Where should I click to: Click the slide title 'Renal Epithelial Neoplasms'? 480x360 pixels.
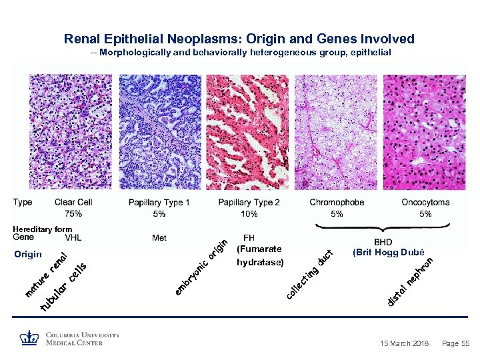coord(239,39)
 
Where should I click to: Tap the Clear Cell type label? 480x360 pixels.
coord(73,203)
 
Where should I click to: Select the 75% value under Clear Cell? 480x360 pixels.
coord(73,214)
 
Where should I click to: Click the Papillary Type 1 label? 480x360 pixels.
coord(159,203)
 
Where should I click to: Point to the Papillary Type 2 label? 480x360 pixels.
coord(249,203)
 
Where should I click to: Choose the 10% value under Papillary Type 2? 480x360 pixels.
coord(249,214)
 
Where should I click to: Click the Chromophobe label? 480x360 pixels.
coord(337,203)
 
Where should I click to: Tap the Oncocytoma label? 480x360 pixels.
coord(425,203)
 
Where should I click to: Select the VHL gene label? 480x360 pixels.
coord(73,237)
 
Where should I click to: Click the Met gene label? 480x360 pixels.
coord(159,237)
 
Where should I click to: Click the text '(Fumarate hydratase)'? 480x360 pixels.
coord(260,255)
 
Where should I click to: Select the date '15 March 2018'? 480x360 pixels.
coord(405,343)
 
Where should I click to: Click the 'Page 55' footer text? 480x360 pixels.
coord(456,343)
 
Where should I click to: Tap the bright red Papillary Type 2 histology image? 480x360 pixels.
coord(248,131)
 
